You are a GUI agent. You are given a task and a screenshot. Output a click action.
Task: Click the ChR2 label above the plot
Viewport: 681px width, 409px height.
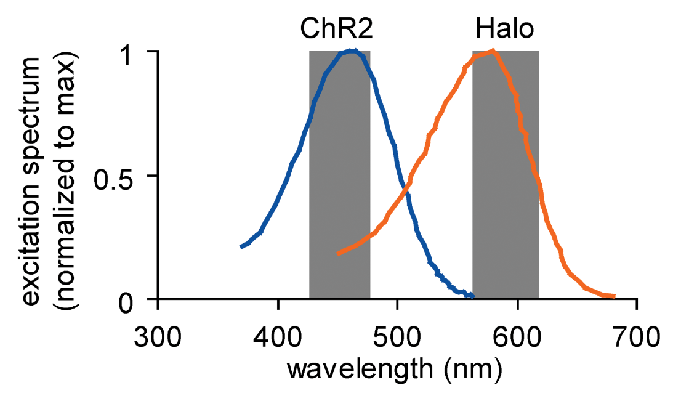coord(337,29)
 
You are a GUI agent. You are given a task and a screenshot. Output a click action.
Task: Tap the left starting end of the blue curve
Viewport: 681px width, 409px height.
coord(242,246)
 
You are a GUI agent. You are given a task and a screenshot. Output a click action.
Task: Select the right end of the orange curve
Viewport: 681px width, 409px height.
coord(613,296)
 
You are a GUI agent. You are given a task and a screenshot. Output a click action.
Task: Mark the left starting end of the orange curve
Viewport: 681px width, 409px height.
coord(339,253)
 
